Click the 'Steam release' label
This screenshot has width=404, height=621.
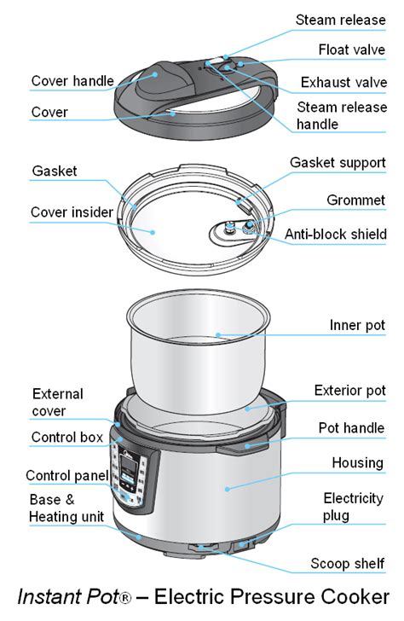[x=339, y=20]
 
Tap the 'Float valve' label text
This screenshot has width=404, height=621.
[x=350, y=49]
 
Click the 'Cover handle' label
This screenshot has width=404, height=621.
[x=72, y=82]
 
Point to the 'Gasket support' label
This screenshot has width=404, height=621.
[x=337, y=162]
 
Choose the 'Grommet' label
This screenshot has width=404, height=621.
[x=355, y=200]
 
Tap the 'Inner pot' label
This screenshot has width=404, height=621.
[x=357, y=325]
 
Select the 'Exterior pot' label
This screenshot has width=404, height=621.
[x=349, y=390]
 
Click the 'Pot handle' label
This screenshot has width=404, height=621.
[x=351, y=427]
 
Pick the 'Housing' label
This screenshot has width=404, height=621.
[x=357, y=462]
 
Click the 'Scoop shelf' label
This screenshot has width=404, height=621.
[x=348, y=563]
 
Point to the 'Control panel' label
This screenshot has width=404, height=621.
[x=66, y=475]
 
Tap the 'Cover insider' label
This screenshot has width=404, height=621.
[x=72, y=212]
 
